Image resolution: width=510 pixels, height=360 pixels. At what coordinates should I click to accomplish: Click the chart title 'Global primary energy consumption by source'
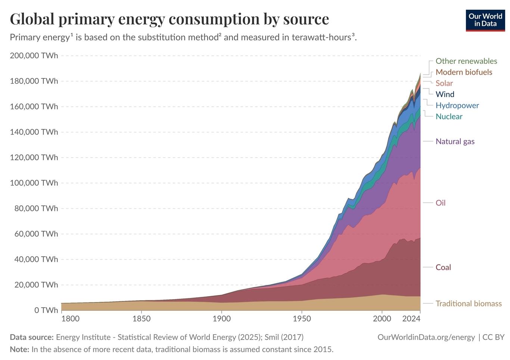170,19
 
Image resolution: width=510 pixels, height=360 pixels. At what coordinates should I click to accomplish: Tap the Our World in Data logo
485,20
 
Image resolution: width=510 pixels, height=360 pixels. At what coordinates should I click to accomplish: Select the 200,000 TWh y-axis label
34,56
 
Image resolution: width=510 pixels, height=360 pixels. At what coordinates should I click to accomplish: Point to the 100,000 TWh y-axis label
34,183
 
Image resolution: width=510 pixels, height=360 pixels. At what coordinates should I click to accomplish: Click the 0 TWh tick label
46,310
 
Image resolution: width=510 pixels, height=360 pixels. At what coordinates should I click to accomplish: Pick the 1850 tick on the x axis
142,319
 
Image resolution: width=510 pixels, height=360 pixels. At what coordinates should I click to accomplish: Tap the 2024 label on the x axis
411,319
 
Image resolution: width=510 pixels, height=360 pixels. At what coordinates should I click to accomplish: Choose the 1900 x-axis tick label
222,319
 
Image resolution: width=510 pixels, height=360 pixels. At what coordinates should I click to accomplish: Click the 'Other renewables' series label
466,61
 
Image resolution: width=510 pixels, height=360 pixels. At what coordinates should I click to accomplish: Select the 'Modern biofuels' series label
464,72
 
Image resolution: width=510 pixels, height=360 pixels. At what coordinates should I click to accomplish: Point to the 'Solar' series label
444,83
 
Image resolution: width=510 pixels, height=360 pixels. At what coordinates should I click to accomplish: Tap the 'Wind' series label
445,94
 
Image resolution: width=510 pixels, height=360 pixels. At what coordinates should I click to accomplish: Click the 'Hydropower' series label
457,106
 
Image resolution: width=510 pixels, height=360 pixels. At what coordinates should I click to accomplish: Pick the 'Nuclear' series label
449,117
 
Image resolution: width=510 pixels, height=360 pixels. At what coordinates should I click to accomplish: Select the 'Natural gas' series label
455,142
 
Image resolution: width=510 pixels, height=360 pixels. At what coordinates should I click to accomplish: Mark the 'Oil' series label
441,203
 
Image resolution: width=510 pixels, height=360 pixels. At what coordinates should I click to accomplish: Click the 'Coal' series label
443,267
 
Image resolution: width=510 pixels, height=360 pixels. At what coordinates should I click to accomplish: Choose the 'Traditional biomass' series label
469,304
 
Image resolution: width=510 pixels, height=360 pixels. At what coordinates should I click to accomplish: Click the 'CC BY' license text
494,337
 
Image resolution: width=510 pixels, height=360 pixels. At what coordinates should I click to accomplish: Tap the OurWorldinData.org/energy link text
426,337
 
